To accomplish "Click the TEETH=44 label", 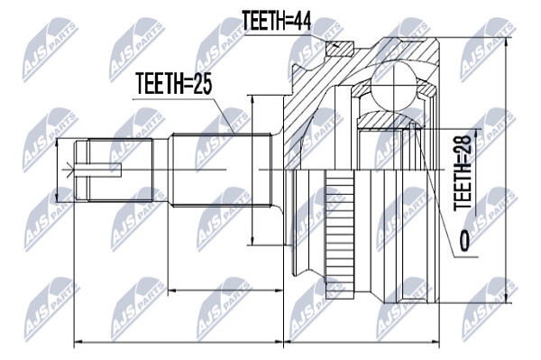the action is coord(277,21).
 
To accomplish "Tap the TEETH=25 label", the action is coord(173,83).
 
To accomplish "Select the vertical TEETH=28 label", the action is coord(463,172).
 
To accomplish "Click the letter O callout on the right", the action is coord(464,240).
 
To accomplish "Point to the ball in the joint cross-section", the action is coord(394,87).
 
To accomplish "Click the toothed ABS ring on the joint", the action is coord(339,234).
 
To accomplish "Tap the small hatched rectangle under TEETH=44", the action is coord(340,50).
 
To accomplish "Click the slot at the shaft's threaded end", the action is coord(98,171).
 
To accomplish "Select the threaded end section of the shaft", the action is coord(114,171).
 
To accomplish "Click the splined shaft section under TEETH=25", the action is coord(221,171).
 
